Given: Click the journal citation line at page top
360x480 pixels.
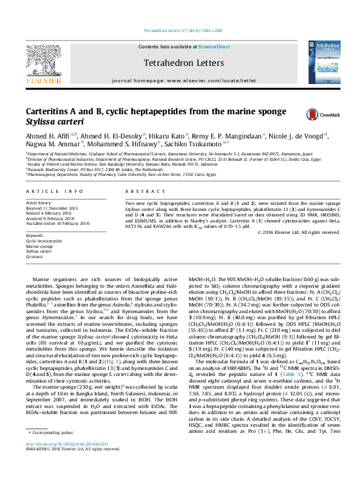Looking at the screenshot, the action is point(179,30).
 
